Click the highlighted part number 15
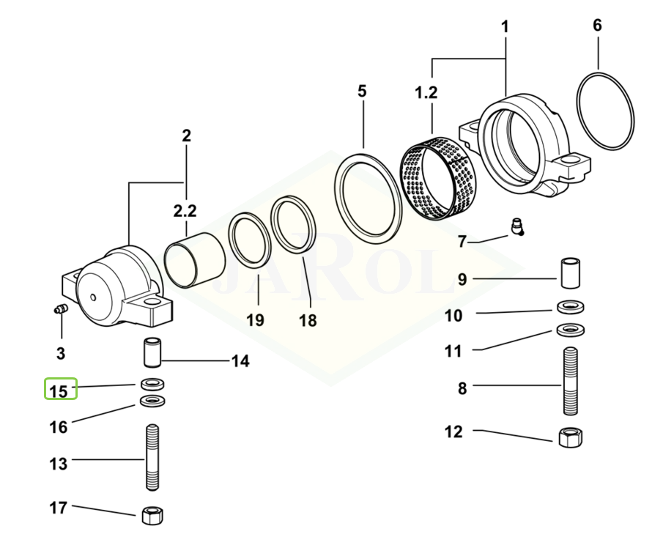tap(61, 390)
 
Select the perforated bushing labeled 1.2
tap(437, 177)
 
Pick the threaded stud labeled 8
tap(573, 382)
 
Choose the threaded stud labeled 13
tap(152, 458)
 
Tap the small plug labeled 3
tap(61, 309)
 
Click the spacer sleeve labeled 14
tap(151, 350)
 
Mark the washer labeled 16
tap(152, 401)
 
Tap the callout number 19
tap(255, 320)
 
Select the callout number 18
tap(308, 320)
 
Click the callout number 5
tap(362, 92)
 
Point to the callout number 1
tap(505, 27)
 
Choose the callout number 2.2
tap(185, 211)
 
